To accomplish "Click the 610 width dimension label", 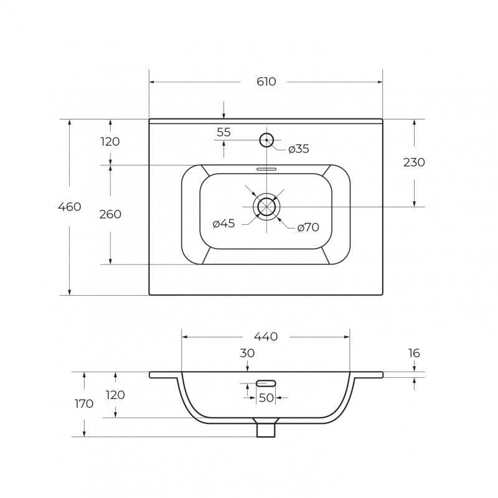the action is point(266,82).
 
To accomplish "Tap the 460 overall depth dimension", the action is point(70,207).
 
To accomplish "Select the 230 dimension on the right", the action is point(414,162).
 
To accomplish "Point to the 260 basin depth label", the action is point(110,214).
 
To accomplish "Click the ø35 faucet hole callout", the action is point(299,149).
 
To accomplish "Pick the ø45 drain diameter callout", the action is point(224,223).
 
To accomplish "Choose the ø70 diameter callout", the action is point(308,227).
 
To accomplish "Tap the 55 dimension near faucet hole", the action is point(223,132).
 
